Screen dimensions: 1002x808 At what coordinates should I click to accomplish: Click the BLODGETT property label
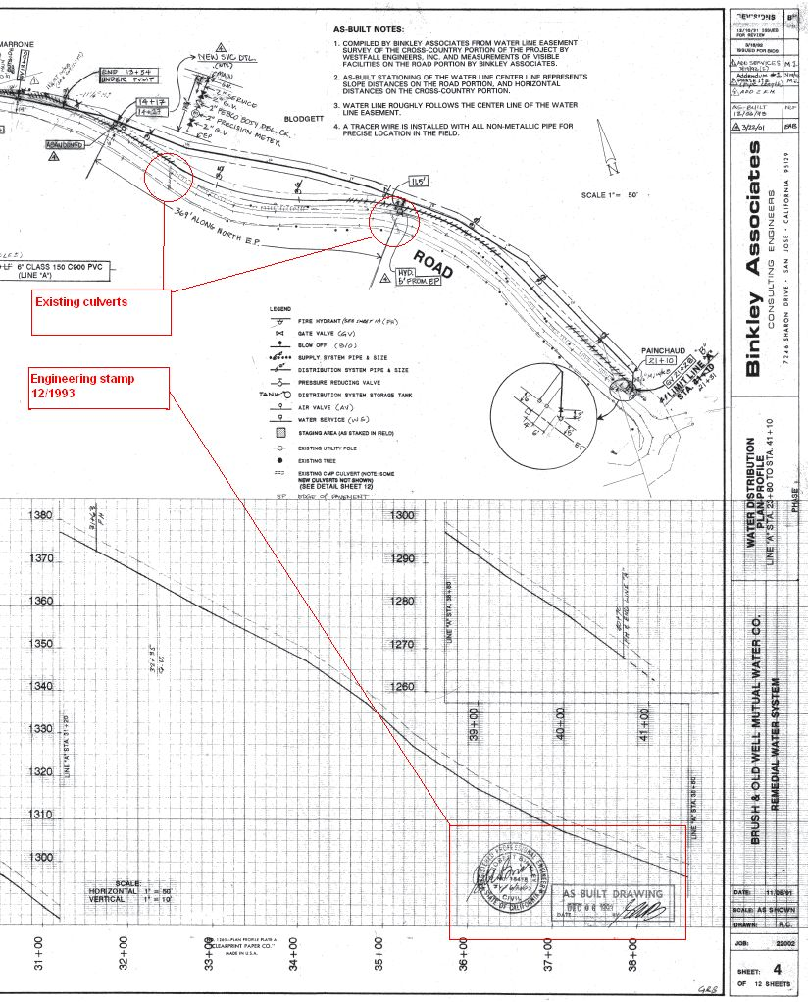[303, 118]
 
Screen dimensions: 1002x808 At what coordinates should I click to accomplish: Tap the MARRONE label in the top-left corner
[17, 44]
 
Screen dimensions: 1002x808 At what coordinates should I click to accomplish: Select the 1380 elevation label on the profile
[42, 515]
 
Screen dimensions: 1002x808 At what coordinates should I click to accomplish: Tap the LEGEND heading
[280, 309]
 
